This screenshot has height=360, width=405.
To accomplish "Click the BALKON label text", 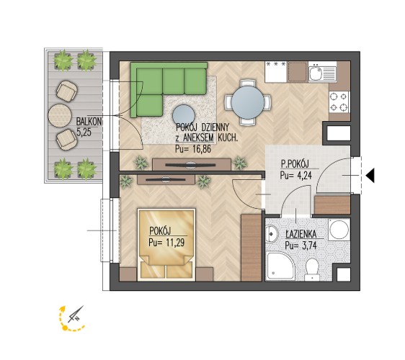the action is [89, 122].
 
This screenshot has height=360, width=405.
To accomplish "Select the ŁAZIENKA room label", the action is [301, 234].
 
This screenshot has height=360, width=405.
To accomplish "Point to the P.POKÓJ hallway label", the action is [295, 164].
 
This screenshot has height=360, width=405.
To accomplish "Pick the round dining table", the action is [248, 102].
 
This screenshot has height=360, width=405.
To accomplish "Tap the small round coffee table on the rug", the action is [183, 116].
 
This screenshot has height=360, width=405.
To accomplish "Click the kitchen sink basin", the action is [315, 73].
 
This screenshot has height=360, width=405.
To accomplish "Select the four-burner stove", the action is [339, 102].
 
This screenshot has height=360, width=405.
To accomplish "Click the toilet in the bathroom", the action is [313, 270].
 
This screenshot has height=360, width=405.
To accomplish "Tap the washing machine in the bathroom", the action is [339, 229].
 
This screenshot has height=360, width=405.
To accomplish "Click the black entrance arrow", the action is [370, 176].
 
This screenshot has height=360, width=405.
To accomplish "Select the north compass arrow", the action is [76, 315].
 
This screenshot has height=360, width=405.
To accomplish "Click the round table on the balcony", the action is [60, 115].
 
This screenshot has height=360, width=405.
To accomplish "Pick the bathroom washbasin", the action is [271, 234].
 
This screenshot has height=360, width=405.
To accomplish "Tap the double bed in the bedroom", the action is [166, 244].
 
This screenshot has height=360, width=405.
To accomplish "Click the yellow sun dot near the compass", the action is [66, 328].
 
